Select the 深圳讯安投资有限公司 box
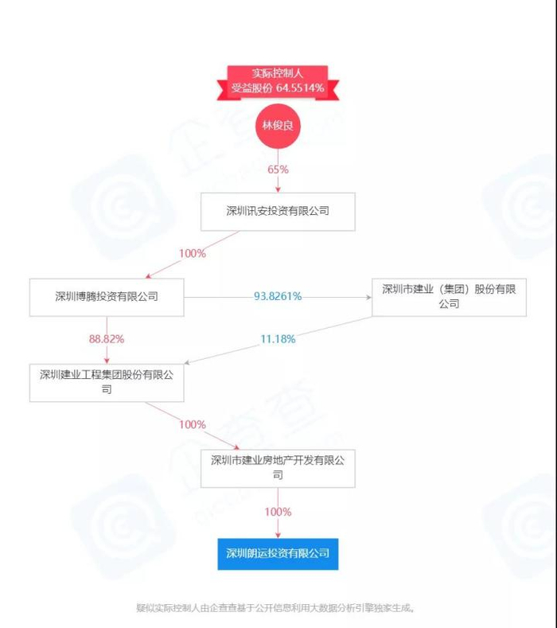[x=278, y=211]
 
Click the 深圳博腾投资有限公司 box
[x=107, y=297]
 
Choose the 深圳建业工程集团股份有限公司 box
[x=107, y=382]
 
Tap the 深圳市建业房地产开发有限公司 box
[x=278, y=467]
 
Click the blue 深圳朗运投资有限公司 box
[x=278, y=553]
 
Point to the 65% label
[x=278, y=170]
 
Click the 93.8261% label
[x=278, y=296]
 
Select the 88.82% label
[x=107, y=339]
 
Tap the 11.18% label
[x=278, y=339]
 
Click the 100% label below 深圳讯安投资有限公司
[x=193, y=254]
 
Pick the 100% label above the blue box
[x=278, y=511]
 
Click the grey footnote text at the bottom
[x=278, y=608]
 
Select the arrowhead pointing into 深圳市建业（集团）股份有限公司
[x=368, y=297]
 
